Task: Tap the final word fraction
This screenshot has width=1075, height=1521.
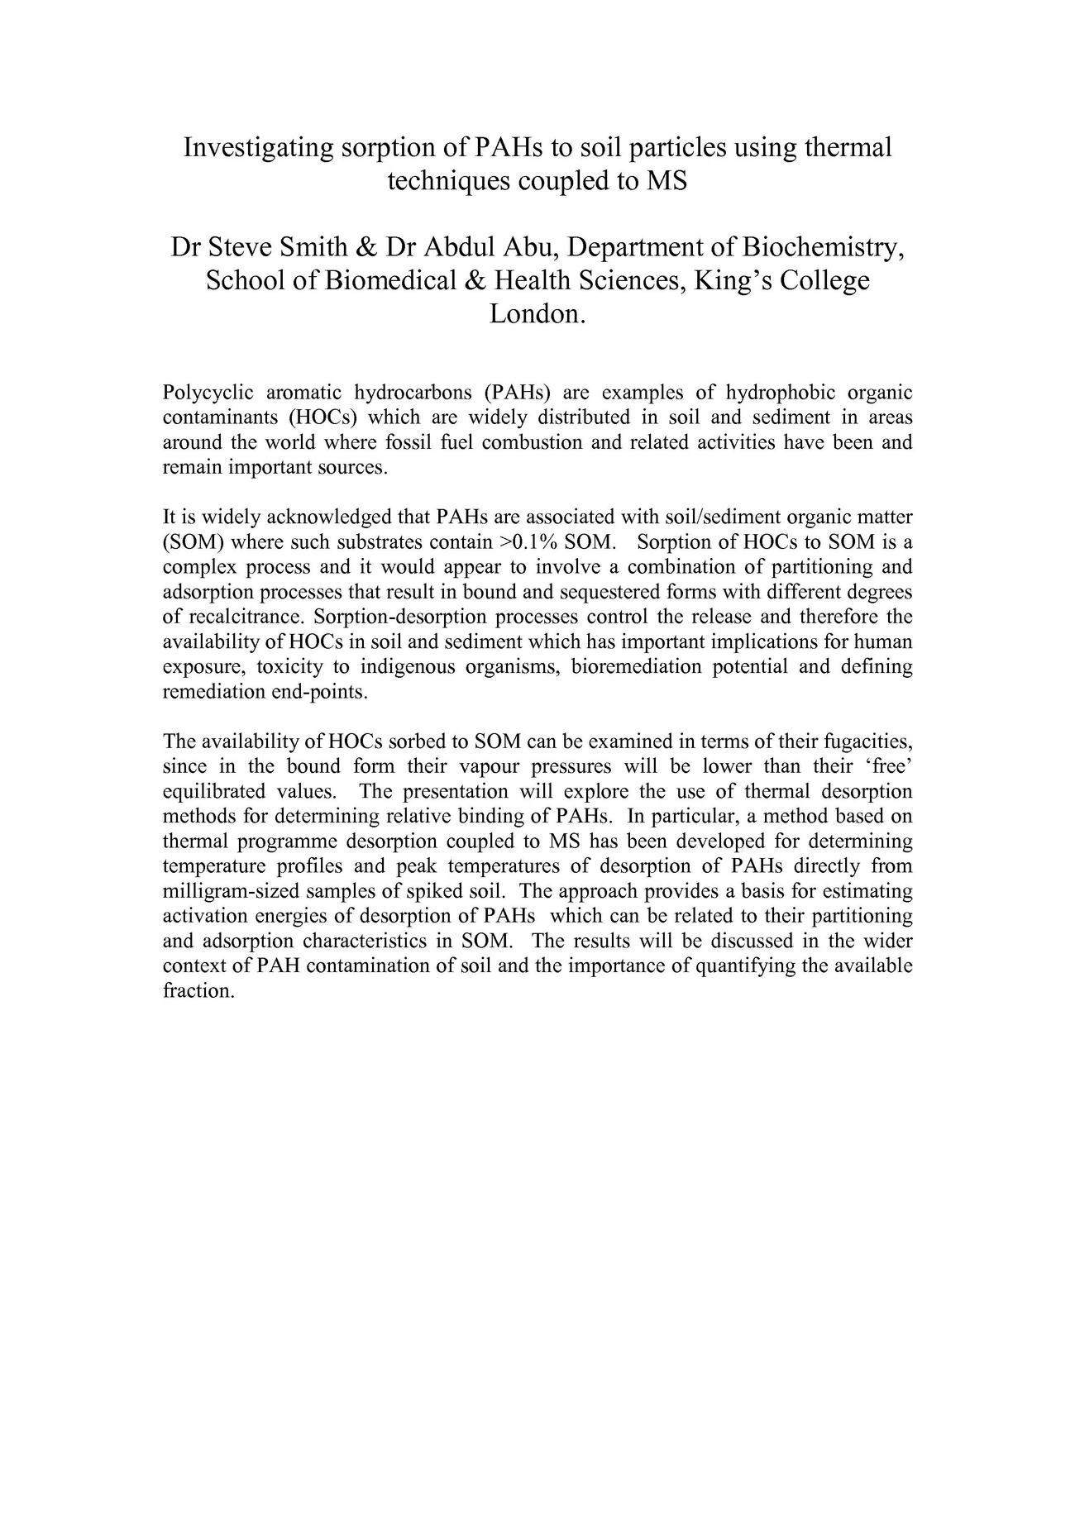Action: [198, 991]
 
